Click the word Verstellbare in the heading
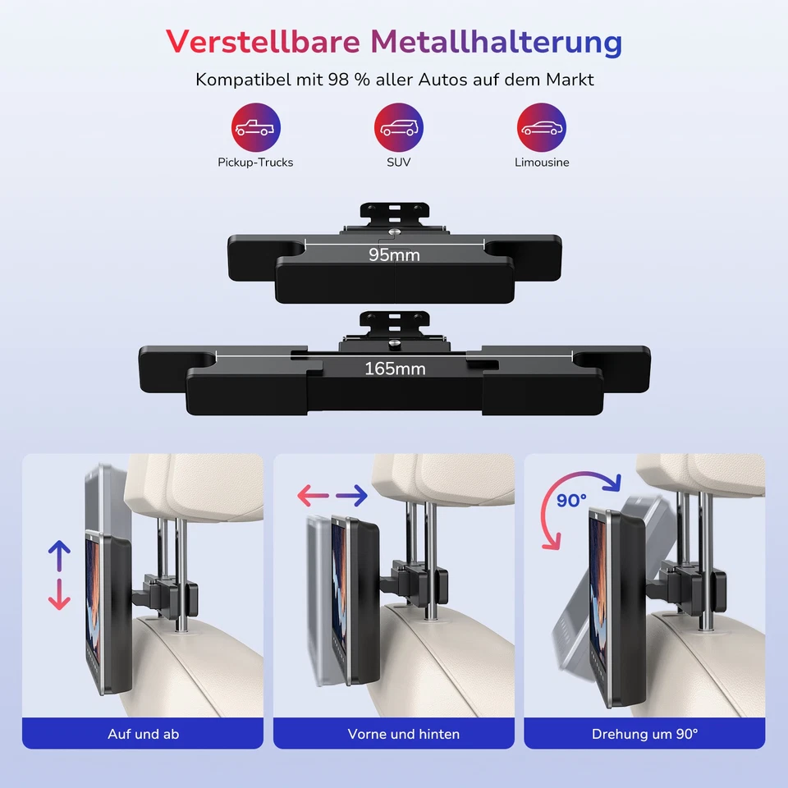256,41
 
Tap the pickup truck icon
255,128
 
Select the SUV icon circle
399,128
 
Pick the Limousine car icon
542,128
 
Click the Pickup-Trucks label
255,163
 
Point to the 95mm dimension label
394,255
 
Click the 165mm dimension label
395,369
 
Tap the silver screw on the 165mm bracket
396,345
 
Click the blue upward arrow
59,556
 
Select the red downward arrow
59,593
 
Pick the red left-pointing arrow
312,495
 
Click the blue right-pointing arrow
351,495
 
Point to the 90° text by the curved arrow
571,500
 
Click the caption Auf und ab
143,734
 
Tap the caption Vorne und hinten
404,734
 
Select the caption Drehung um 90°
644,734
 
